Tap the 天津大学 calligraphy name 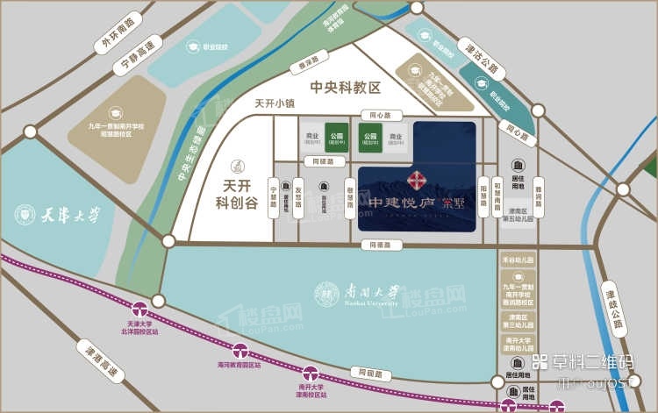click(x=70, y=213)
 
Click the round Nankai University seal click(x=326, y=293)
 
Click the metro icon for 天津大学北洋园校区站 click(x=138, y=309)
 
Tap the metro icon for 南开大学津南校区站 click(x=310, y=374)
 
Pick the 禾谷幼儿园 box click(x=519, y=260)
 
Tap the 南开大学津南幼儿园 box click(x=519, y=343)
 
